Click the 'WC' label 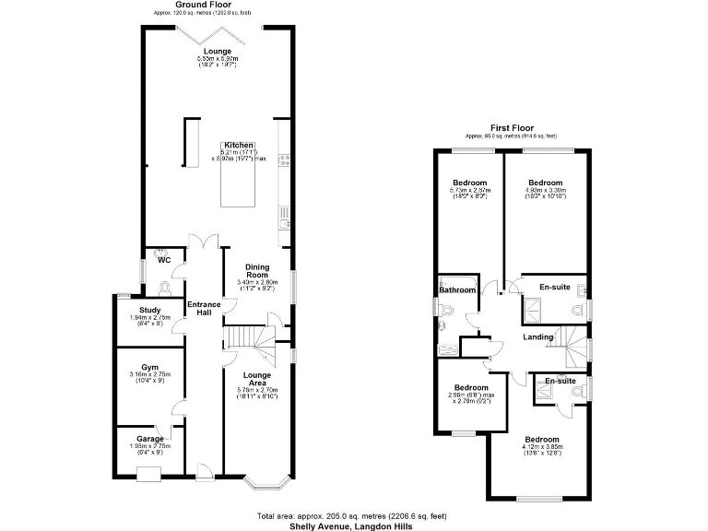(165, 260)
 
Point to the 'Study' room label (151, 310)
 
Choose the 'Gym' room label (150, 366)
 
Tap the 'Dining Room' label (257, 271)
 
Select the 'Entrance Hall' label (204, 309)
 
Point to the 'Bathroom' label (457, 290)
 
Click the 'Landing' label (537, 337)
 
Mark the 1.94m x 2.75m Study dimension (151, 320)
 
